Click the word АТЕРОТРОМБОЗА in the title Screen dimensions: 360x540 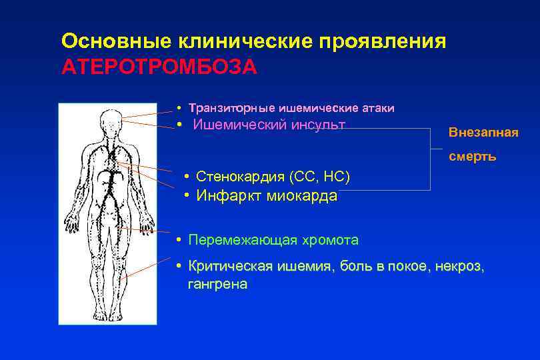[159, 68]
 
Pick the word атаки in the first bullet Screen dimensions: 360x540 [377, 107]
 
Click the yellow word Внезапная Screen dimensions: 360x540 [483, 132]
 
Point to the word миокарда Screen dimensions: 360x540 [302, 196]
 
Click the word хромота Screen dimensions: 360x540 [328, 239]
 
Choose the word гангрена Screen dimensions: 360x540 [217, 285]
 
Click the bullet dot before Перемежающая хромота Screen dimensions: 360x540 [180, 239]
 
